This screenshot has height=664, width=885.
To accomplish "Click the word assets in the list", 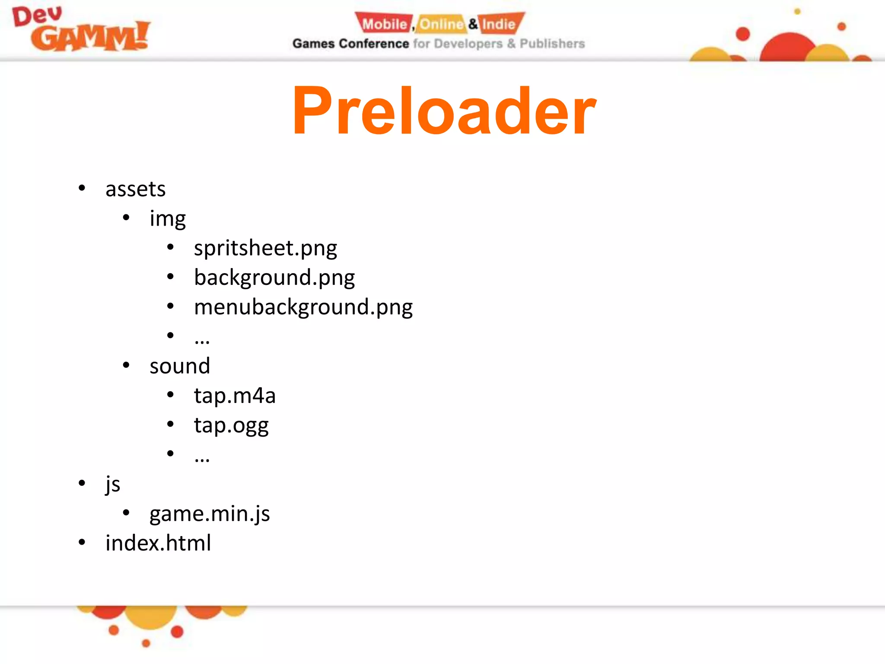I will [x=135, y=189].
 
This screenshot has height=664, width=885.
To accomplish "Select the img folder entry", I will [x=168, y=219].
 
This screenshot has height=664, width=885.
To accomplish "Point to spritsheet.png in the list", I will [x=265, y=249].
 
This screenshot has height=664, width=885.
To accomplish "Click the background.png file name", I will [x=274, y=278].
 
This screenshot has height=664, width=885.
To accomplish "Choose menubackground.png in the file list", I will [x=303, y=307].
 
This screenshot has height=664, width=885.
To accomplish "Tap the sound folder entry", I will [x=180, y=366].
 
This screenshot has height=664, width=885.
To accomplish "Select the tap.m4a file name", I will [x=235, y=396].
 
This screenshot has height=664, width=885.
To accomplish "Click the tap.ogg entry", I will [x=231, y=425].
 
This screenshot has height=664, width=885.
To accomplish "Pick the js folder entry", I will [x=113, y=484].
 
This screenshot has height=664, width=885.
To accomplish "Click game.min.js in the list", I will [x=210, y=514].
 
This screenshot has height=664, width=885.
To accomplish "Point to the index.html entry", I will [x=158, y=543].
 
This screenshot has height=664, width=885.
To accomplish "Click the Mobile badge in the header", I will [x=384, y=24].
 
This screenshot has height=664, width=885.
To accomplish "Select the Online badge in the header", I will [x=441, y=24].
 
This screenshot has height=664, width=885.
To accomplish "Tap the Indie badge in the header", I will [x=499, y=24].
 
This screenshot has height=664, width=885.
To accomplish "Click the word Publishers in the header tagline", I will [x=552, y=44].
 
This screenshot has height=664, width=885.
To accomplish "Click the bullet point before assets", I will [x=82, y=188].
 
